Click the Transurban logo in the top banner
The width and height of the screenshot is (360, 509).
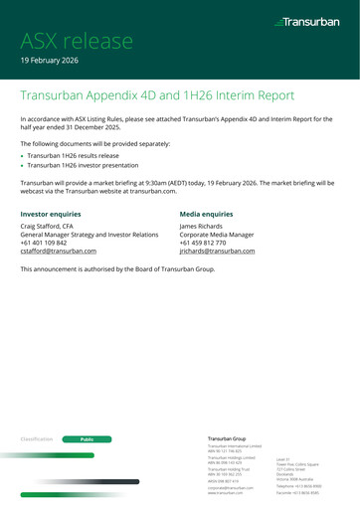point(308,20)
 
